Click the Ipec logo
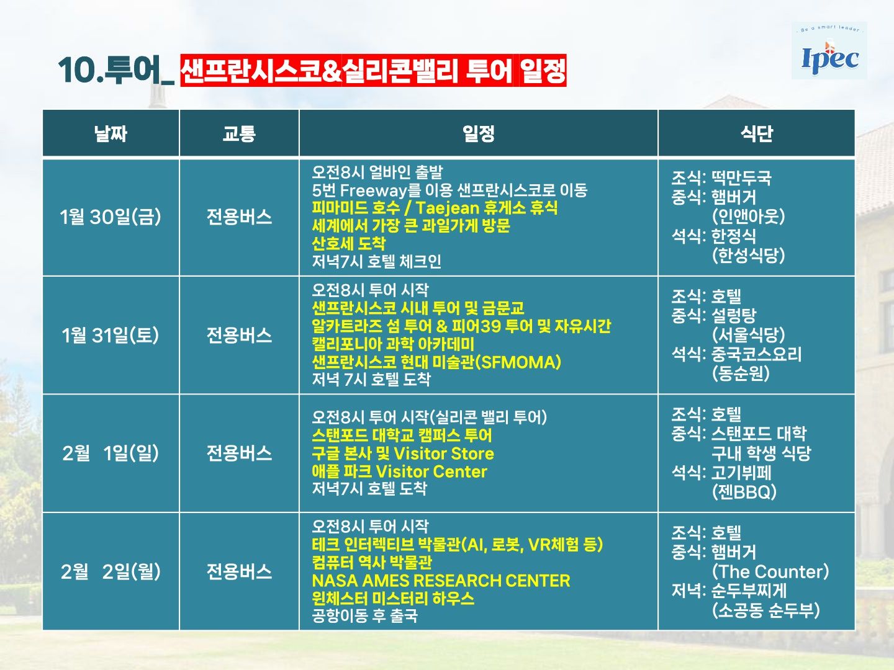pyautogui.click(x=829, y=51)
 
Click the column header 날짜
pyautogui.click(x=111, y=133)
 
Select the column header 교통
pyautogui.click(x=239, y=133)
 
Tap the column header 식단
pyautogui.click(x=756, y=133)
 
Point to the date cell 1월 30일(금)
pyautogui.click(x=111, y=217)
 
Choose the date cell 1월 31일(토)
pyautogui.click(x=111, y=335)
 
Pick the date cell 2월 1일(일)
pyautogui.click(x=111, y=453)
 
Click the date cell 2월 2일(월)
pyautogui.click(x=111, y=571)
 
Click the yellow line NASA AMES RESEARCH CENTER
pyautogui.click(x=441, y=580)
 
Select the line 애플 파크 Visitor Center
pyautogui.click(x=400, y=471)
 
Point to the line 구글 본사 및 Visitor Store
pyautogui.click(x=403, y=453)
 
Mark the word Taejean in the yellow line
pyautogui.click(x=448, y=208)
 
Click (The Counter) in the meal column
pyautogui.click(x=770, y=571)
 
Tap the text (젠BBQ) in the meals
pyautogui.click(x=744, y=492)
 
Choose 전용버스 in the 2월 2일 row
pyautogui.click(x=239, y=571)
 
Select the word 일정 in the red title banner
pyautogui.click(x=543, y=70)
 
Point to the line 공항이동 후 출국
pyautogui.click(x=364, y=615)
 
